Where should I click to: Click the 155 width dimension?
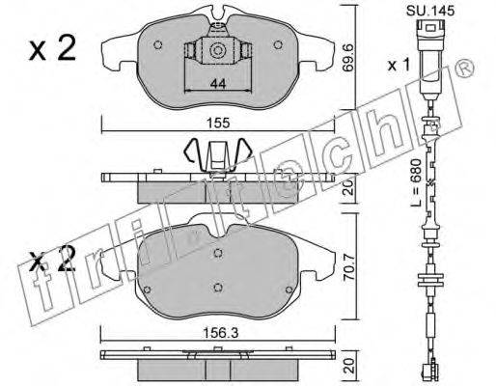[x=219, y=124]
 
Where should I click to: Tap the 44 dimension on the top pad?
[x=218, y=84]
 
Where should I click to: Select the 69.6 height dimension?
[x=349, y=58]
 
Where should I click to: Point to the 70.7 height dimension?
[x=349, y=267]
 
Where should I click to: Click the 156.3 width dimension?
[x=221, y=333]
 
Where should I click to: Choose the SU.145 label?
[x=430, y=11]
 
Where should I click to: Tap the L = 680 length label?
[x=417, y=182]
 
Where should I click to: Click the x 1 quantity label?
[x=399, y=66]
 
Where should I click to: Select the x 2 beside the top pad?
[x=53, y=48]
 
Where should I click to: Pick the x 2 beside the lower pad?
[x=52, y=260]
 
